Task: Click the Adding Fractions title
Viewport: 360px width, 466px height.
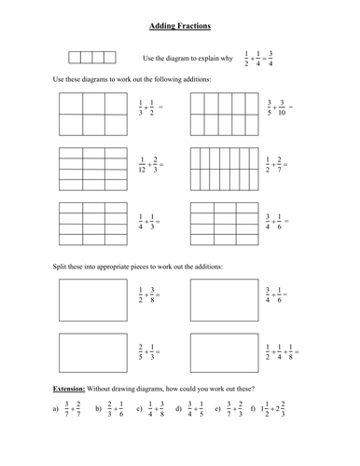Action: pyautogui.click(x=180, y=17)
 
